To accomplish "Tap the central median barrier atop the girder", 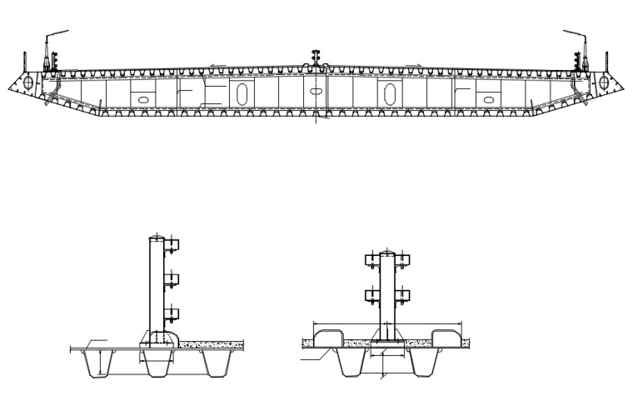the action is [316, 56].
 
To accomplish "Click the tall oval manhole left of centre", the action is [241, 94].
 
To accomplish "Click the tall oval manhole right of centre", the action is [390, 94].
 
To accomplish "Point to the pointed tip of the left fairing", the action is [12, 86].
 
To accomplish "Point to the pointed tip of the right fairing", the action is [621, 86].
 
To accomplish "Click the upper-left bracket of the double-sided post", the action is [371, 259].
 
